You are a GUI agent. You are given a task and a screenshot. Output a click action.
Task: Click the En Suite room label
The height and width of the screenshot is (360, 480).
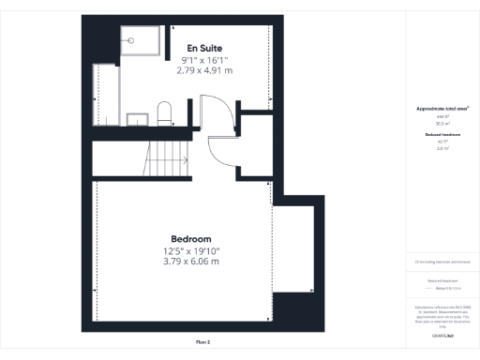click(x=204, y=48)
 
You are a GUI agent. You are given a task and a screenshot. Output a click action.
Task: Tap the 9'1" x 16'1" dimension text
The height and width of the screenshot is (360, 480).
click(x=204, y=60)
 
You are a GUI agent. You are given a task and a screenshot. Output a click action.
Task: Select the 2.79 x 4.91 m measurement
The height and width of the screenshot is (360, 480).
click(x=204, y=70)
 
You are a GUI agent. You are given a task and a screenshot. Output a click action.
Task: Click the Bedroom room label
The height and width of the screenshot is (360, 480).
click(x=191, y=238)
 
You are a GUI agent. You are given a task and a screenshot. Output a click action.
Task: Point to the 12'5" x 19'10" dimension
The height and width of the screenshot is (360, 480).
click(x=191, y=250)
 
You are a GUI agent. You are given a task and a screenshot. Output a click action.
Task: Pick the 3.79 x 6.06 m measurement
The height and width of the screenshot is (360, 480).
click(x=191, y=262)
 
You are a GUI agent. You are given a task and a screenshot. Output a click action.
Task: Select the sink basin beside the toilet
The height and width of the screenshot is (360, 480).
click(x=138, y=118)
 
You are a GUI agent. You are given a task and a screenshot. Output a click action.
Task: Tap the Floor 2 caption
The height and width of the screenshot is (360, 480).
click(x=203, y=342)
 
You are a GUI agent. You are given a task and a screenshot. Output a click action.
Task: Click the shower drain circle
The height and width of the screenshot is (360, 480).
click(x=130, y=40)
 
